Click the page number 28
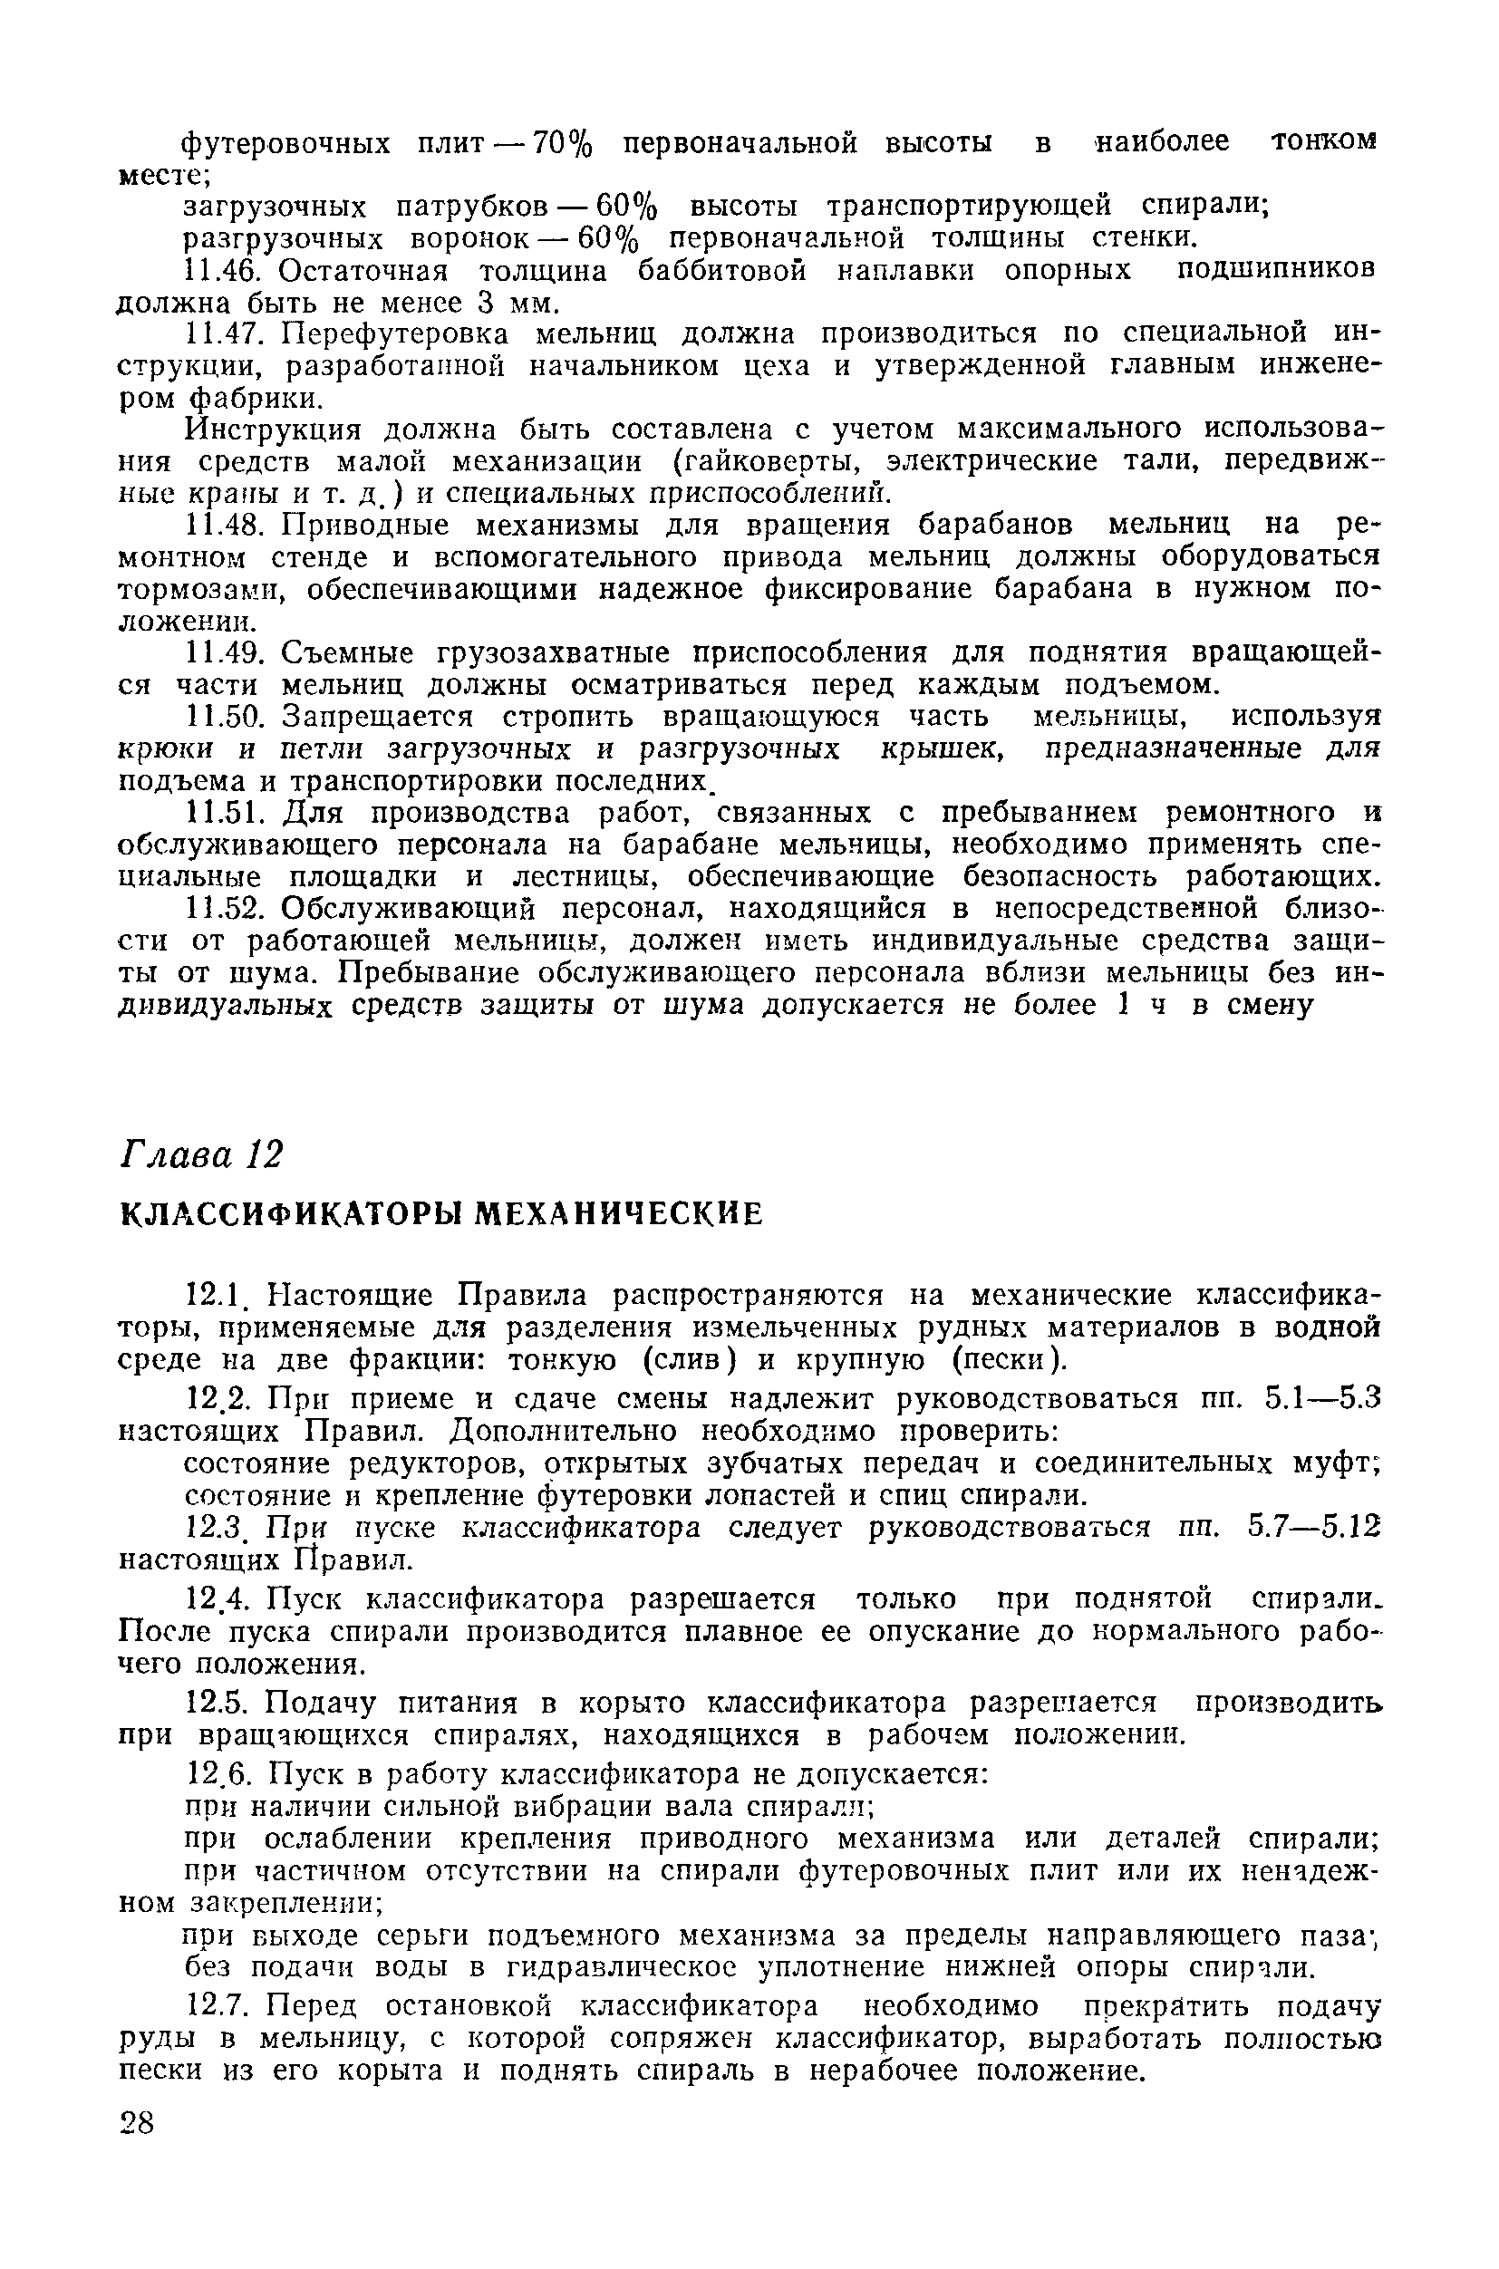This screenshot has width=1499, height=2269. pyautogui.click(x=137, y=2124)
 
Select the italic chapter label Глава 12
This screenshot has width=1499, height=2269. pyautogui.click(x=201, y=1154)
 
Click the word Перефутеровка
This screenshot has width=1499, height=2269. pyautogui.click(x=394, y=334)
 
